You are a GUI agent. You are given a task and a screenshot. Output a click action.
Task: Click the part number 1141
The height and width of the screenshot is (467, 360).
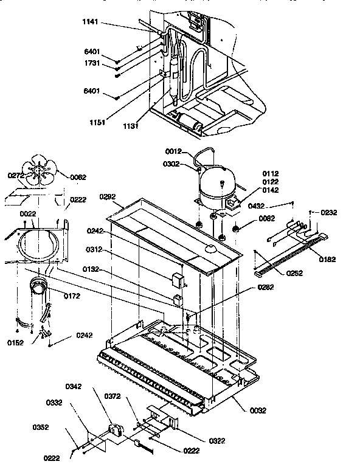91,23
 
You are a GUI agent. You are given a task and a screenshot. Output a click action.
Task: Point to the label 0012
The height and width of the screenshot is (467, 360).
175,151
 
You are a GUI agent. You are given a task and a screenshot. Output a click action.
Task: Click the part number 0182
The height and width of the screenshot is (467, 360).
326,259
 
